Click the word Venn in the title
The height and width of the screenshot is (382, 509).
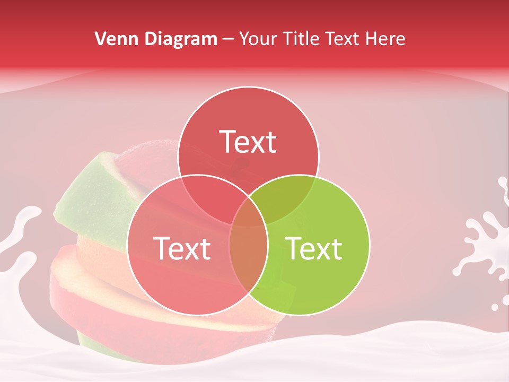point(113,39)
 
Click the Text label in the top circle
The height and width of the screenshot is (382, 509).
point(248,142)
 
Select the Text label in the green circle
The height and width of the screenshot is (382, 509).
point(314,249)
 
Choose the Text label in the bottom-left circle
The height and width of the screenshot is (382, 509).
point(182,249)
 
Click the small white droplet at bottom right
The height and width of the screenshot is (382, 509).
point(495,307)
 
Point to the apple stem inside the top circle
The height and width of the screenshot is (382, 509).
point(241,164)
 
